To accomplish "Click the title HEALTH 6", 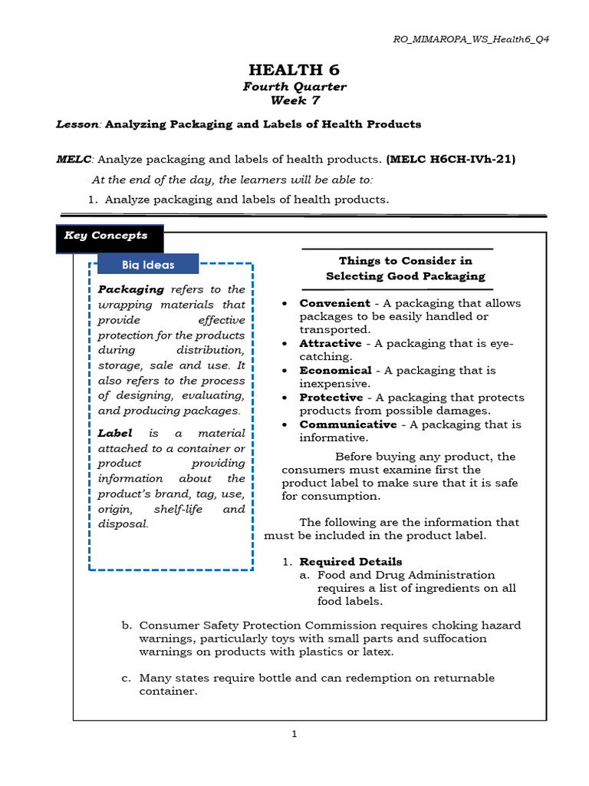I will point(294,70).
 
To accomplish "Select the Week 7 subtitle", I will point(294,101).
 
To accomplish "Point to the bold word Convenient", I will point(334,303).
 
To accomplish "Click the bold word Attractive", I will point(331,343).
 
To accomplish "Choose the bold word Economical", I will point(336,370).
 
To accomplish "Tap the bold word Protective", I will point(331,398).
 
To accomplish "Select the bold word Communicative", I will point(347,424).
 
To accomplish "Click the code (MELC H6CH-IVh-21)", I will point(451,160).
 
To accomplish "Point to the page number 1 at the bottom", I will point(294,734).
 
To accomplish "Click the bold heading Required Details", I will point(350,562).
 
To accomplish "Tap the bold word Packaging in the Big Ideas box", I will point(131,289).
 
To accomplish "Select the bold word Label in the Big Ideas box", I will point(115,434).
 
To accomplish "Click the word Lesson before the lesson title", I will point(79,124).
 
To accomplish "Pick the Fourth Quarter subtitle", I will point(294,87).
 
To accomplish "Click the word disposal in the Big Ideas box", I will point(122,524).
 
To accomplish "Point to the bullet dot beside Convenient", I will point(285,304).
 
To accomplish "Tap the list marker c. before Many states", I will point(126,679).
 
